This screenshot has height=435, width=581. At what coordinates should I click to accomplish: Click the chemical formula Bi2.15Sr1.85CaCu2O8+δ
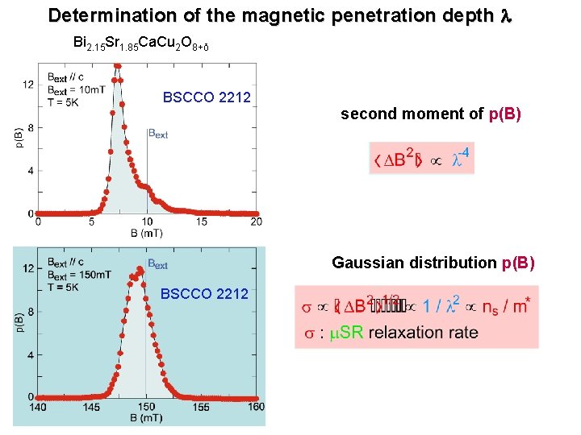tap(141, 43)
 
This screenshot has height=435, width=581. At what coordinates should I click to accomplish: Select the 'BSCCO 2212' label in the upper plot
tap(207, 98)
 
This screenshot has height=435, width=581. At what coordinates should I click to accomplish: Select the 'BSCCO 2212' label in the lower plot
tap(205, 294)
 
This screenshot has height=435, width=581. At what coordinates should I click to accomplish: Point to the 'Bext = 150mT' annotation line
tap(80, 274)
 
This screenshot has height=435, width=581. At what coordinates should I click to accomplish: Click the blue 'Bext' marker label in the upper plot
tap(157, 134)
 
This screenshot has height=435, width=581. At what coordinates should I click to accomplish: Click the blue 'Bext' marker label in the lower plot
tap(158, 263)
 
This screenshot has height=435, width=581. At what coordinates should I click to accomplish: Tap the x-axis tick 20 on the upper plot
tap(256, 222)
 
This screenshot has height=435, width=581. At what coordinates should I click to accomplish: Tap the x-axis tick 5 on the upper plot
tap(92, 222)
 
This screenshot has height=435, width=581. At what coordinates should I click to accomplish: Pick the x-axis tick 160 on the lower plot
tap(255, 407)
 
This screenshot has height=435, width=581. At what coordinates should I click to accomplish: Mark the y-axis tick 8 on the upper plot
tap(29, 127)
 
